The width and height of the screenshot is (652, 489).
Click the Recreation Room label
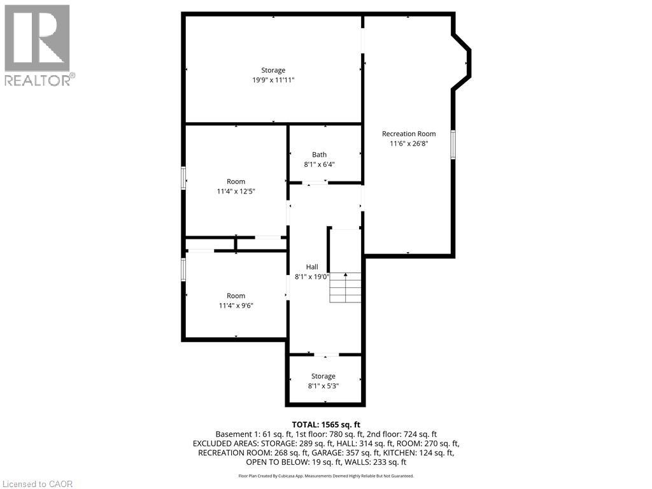click(x=409, y=134)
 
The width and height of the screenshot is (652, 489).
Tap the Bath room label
click(x=320, y=155)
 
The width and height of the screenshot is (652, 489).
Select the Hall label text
click(x=312, y=267)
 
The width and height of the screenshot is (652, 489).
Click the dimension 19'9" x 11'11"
click(x=273, y=80)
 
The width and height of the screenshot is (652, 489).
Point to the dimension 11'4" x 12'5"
click(x=236, y=191)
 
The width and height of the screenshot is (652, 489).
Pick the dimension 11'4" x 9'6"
click(x=236, y=306)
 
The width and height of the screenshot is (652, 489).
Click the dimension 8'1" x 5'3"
click(x=323, y=386)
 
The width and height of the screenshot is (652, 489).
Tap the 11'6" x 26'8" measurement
click(x=409, y=144)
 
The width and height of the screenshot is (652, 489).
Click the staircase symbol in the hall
click(x=346, y=287)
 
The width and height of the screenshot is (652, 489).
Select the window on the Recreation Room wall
click(x=453, y=145)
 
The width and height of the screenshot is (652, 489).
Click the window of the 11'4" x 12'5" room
click(x=183, y=178)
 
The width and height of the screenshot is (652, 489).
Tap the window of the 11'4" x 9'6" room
click(x=183, y=269)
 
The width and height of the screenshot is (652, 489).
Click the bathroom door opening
click(x=315, y=183)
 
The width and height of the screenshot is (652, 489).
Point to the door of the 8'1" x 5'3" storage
click(x=327, y=355)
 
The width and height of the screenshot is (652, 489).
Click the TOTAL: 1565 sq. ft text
click(x=326, y=425)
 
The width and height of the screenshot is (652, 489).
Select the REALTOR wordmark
click(x=40, y=80)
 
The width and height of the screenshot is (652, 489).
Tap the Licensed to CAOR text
click(x=38, y=484)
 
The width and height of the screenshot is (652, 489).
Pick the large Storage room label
click(x=273, y=70)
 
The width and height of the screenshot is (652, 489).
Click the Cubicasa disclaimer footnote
click(x=326, y=476)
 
